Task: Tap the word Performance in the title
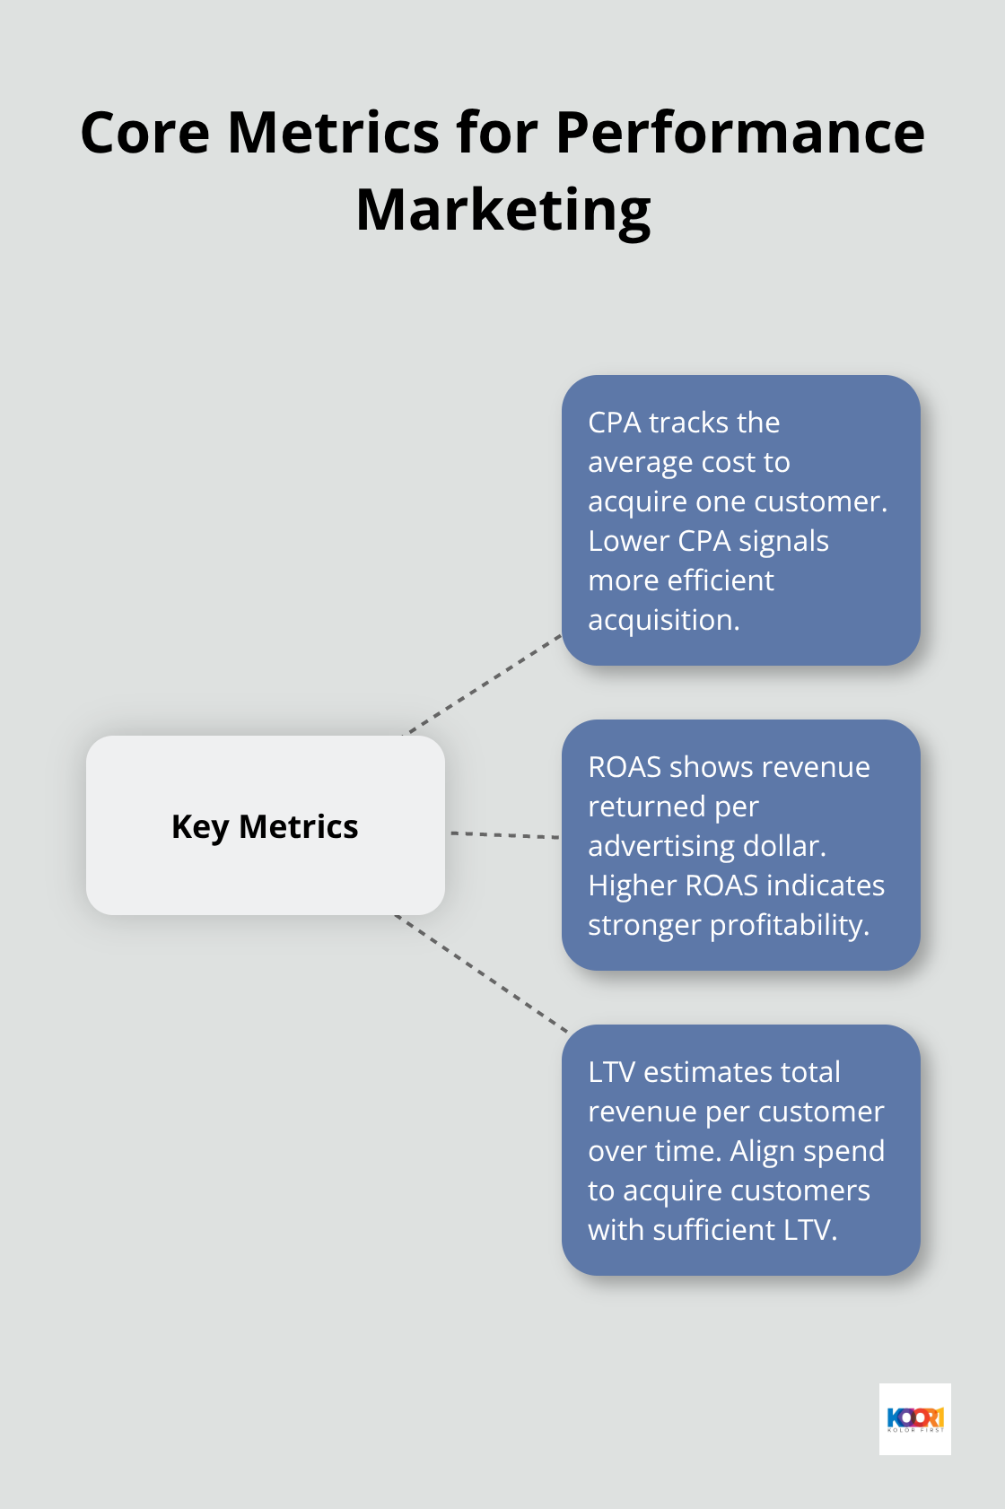point(739,133)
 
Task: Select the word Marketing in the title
point(502,210)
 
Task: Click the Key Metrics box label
point(265,826)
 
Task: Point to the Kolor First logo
point(914,1418)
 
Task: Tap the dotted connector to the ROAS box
point(504,835)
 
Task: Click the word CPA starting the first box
point(615,423)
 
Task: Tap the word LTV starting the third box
point(611,1072)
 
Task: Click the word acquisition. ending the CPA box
point(663,620)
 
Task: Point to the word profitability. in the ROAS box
point(790,925)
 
